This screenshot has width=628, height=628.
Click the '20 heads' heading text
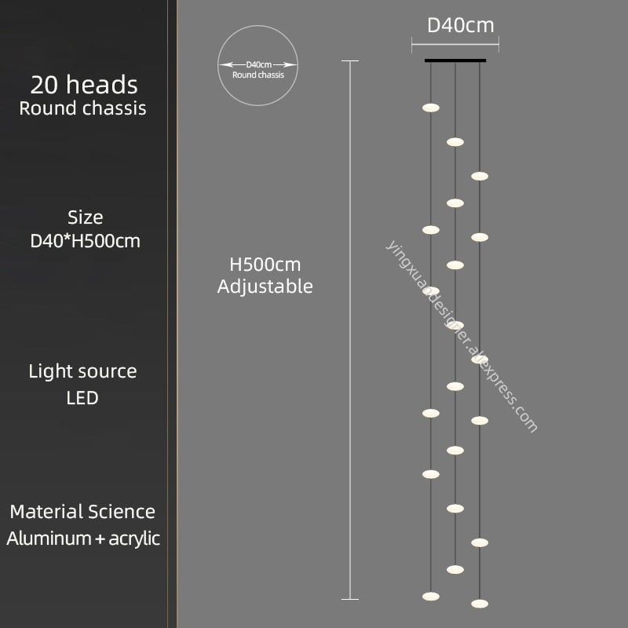click(84, 84)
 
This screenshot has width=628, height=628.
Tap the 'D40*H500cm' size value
click(85, 241)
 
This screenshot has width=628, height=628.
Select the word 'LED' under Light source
click(82, 398)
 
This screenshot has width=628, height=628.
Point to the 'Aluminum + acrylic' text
click(83, 539)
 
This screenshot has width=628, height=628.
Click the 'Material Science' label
click(82, 512)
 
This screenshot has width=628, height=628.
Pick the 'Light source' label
click(82, 371)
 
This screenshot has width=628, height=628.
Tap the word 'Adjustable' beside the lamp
click(265, 287)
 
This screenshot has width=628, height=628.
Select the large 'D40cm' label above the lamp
click(460, 25)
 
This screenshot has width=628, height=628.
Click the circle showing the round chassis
click(258, 66)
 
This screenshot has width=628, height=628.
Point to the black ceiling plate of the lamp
click(455, 60)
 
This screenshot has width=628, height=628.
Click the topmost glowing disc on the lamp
click(430, 108)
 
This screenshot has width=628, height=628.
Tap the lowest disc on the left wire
click(430, 597)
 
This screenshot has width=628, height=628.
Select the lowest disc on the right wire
click(480, 604)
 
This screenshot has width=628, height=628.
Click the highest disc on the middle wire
click(455, 142)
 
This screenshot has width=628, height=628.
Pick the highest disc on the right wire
click(480, 176)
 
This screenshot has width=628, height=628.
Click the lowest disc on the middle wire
click(455, 569)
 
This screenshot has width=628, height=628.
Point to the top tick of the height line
click(350, 61)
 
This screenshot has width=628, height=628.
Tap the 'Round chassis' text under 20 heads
click(82, 108)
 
